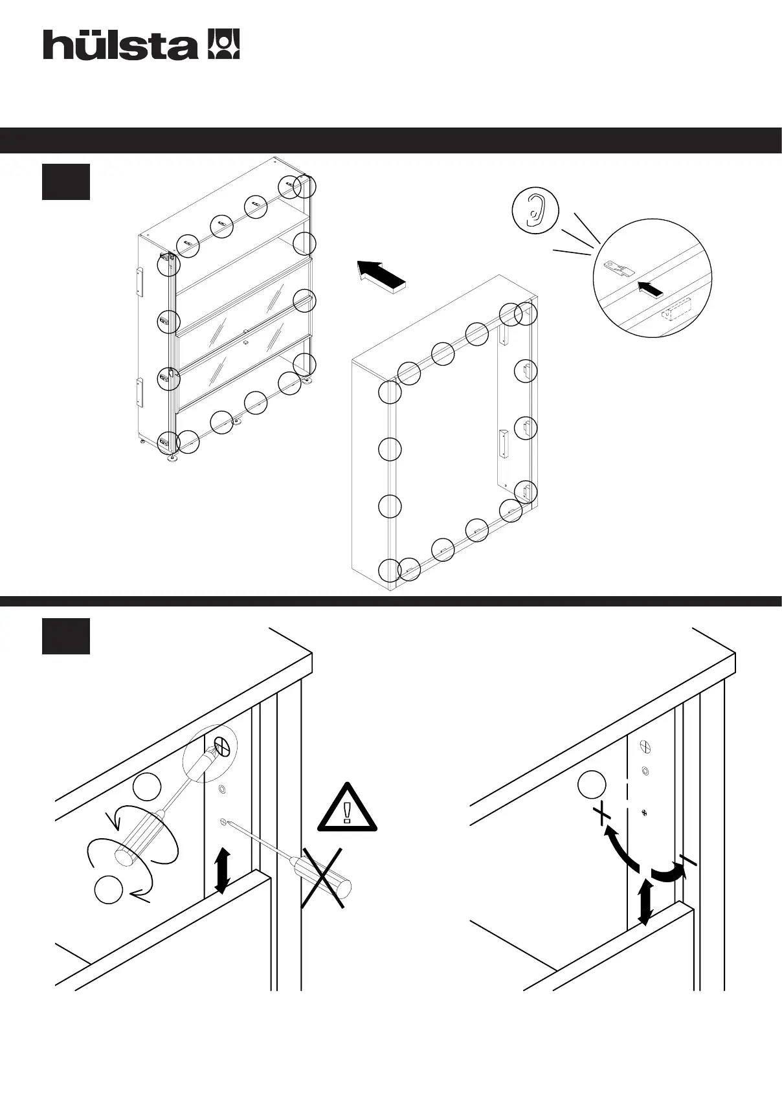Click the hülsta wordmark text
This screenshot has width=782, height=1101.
pos(120,46)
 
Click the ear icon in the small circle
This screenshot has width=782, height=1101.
pos(535,209)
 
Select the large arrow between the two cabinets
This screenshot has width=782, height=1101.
pos(382,276)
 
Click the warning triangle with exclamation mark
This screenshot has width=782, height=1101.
pos(347,808)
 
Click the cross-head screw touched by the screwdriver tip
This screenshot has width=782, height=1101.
pos(222,748)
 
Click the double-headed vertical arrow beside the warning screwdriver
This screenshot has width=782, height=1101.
pos(222,871)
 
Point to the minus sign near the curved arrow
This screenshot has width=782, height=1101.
pos(687,861)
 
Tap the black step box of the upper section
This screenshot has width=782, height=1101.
pos(66,182)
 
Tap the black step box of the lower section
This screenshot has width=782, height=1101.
pos(66,636)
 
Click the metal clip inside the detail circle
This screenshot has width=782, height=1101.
pos(616,267)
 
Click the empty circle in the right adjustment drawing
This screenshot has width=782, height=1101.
pos(592,785)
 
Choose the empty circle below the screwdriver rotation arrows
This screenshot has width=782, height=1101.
pos(109,890)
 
